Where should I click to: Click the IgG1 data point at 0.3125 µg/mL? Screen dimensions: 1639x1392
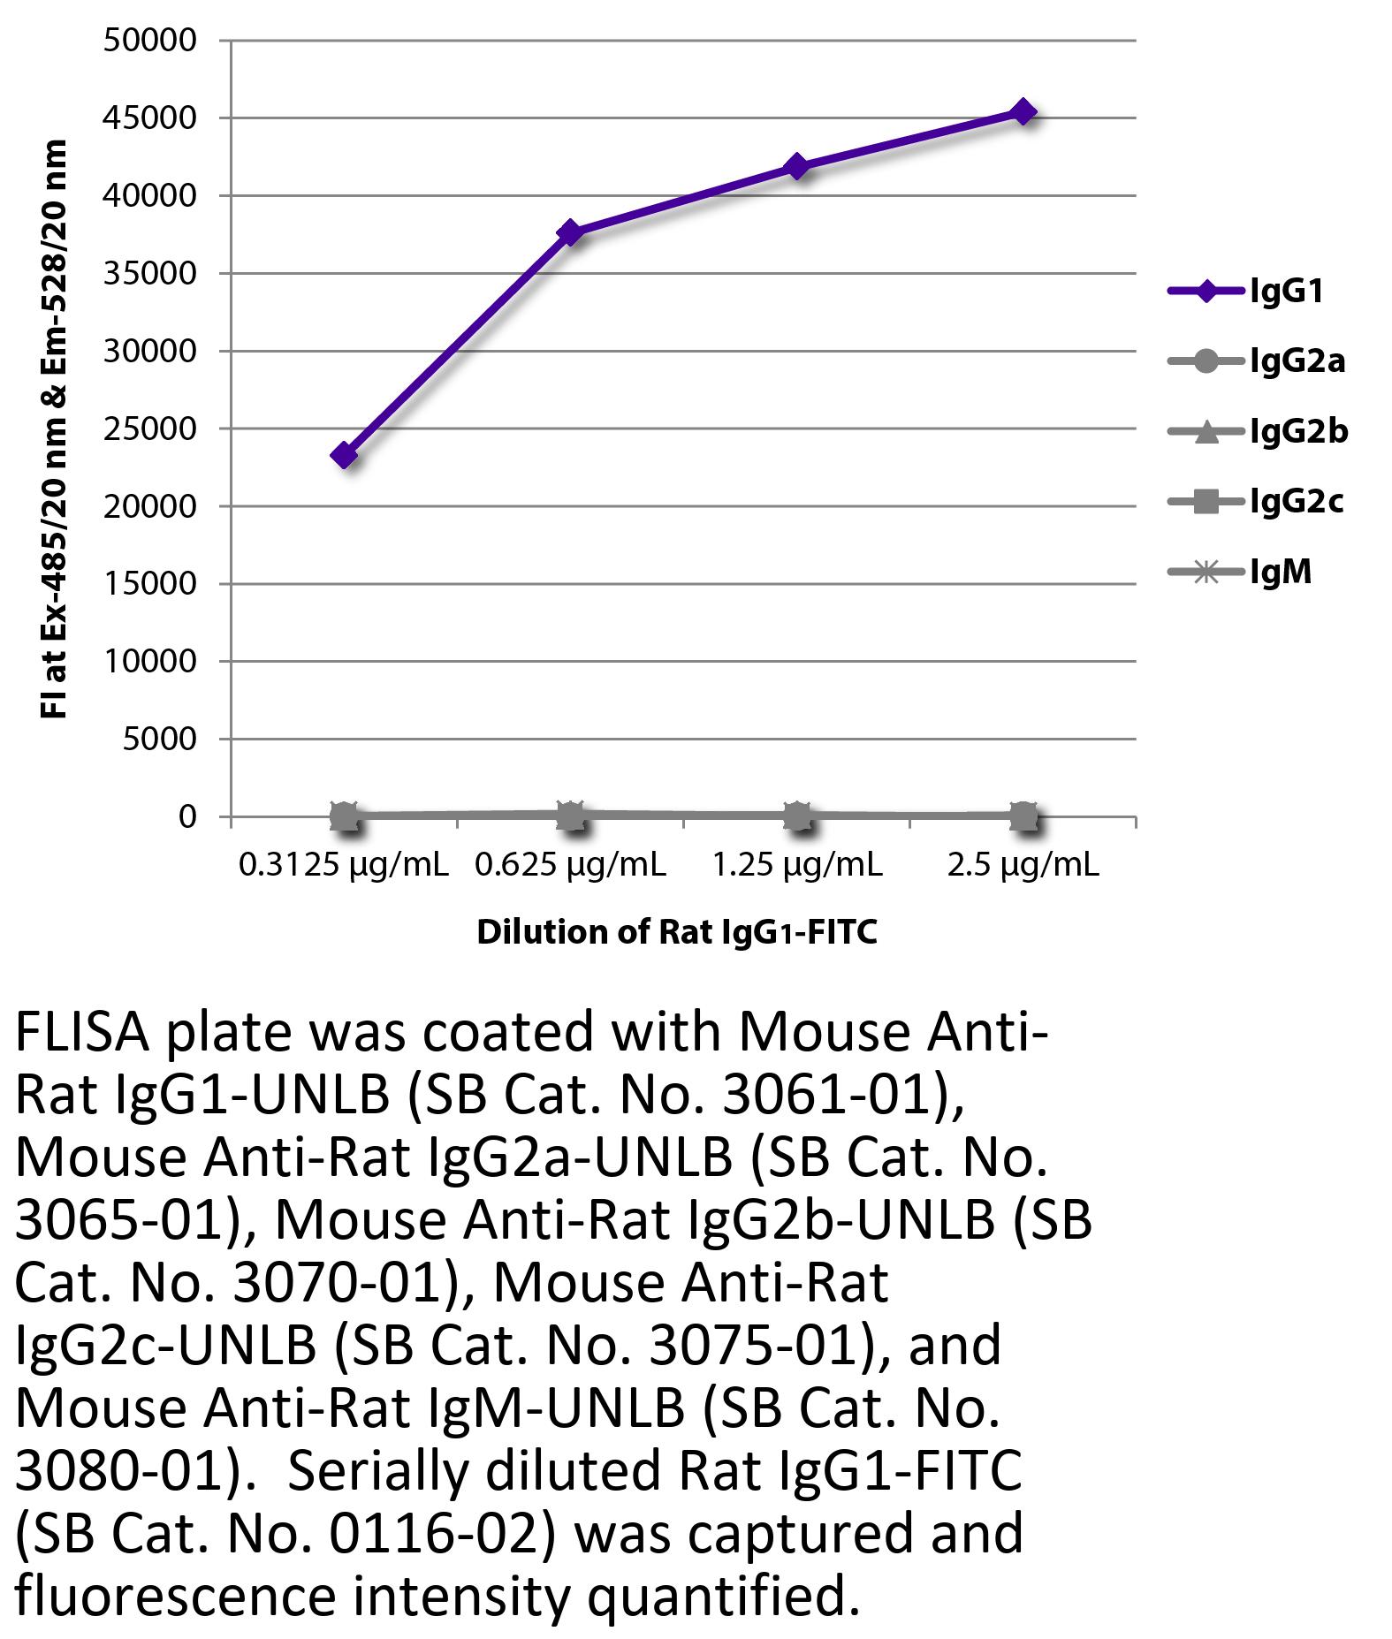[x=344, y=455]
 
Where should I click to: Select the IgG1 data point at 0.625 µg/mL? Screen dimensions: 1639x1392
[x=570, y=233]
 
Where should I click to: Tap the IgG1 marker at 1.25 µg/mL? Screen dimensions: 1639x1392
[x=797, y=166]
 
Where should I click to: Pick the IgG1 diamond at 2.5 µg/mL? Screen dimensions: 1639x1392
[x=1023, y=111]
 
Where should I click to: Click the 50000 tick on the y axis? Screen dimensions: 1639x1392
[x=150, y=41]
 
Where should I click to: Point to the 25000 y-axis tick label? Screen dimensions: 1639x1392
[x=150, y=429]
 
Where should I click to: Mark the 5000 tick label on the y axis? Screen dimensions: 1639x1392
[x=159, y=740]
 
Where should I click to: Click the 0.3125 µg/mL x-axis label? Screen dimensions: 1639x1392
[x=343, y=866]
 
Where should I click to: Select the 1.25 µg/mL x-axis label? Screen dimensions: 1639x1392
[x=797, y=866]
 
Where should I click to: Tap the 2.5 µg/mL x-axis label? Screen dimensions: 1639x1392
[x=1023, y=866]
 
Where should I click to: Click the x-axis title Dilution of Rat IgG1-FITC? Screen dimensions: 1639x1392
[x=677, y=933]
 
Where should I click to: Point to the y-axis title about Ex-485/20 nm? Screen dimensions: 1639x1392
[x=54, y=429]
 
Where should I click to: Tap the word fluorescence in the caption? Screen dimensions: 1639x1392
[x=175, y=1597]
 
